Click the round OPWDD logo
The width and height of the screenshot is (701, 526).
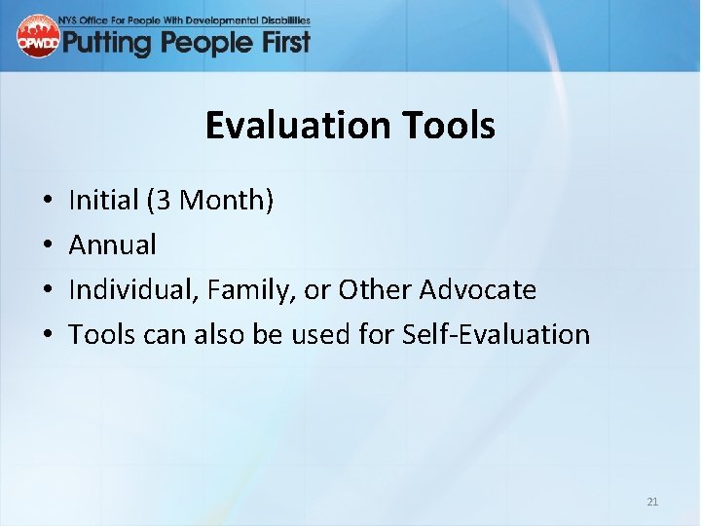(37, 36)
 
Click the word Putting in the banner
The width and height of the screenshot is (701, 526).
(105, 42)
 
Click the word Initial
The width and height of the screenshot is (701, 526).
(103, 201)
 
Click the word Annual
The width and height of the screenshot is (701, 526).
(112, 245)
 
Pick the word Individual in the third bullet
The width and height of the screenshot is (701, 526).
(128, 290)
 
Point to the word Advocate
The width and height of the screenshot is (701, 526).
(477, 290)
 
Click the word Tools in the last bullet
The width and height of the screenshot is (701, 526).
(102, 335)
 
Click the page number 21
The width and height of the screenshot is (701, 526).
(652, 502)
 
